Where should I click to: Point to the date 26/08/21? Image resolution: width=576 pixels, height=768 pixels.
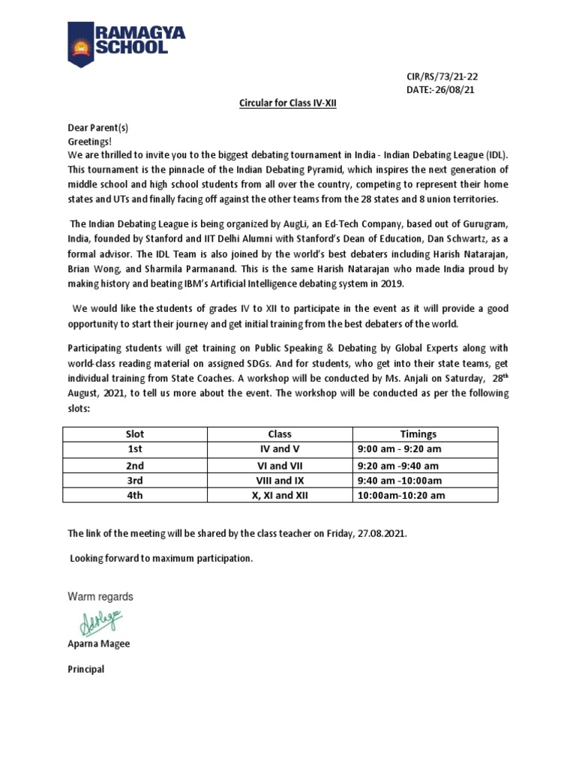(447, 89)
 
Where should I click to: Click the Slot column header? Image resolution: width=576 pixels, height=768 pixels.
(135, 433)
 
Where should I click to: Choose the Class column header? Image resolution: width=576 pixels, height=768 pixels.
(279, 433)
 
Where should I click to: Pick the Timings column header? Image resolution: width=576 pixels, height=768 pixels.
(418, 433)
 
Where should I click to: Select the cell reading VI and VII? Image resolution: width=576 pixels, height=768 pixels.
(279, 464)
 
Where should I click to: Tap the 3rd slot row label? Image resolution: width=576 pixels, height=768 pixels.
(135, 479)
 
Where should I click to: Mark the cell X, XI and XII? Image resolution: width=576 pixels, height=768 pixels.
(279, 495)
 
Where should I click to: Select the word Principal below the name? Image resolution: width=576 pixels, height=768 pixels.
(86, 669)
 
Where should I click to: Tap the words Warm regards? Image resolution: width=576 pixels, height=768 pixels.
(100, 597)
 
